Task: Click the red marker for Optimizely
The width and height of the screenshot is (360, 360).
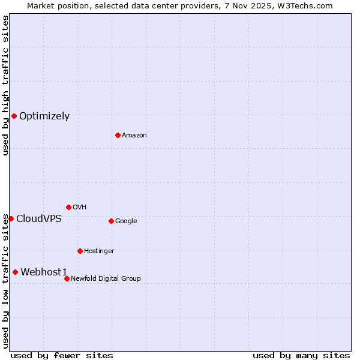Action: point(14,116)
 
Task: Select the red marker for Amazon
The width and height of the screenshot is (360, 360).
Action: point(118,135)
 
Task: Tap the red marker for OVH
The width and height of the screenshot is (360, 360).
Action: point(68,207)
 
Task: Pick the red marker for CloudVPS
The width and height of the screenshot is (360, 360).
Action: point(11,218)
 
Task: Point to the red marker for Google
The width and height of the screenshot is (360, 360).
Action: point(111,221)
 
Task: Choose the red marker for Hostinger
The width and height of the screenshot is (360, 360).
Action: point(80,251)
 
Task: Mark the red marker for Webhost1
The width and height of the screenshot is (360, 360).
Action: point(15,272)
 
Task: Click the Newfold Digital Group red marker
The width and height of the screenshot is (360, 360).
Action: point(67,278)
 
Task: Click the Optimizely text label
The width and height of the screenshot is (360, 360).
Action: point(44,116)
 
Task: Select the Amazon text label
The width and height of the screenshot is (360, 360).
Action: point(134,136)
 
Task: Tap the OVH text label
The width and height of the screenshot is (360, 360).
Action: point(80,208)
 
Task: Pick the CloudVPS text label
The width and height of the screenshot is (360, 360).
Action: point(38,219)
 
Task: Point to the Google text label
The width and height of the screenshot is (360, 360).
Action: point(126,221)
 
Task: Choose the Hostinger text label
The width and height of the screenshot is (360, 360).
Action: point(99,251)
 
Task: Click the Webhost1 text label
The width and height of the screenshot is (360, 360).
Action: point(44,272)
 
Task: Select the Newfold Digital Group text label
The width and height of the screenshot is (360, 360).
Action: point(106,279)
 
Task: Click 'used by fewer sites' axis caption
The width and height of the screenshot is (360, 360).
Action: point(62,355)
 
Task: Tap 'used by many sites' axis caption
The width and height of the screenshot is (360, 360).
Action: point(301,355)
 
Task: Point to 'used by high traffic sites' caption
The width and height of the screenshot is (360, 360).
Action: point(5,85)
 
